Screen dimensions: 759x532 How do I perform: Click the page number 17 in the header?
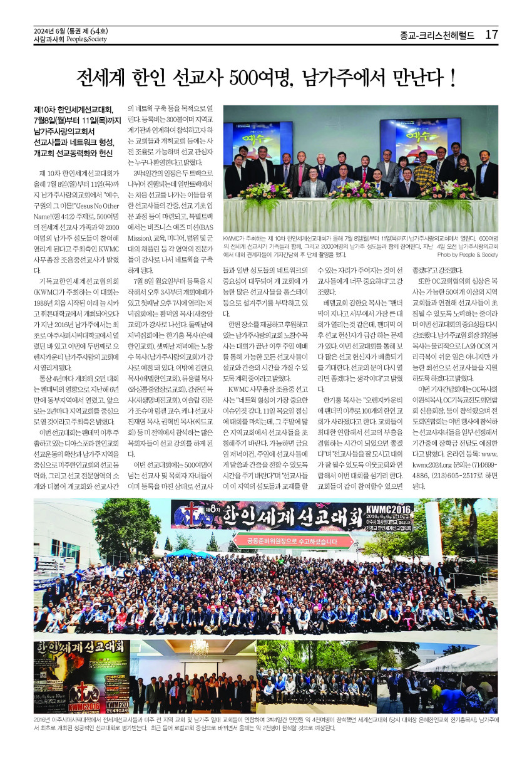pos(491,34)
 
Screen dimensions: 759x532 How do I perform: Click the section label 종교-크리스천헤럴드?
pos(437,35)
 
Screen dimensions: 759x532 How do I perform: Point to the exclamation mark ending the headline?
pos(452,78)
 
